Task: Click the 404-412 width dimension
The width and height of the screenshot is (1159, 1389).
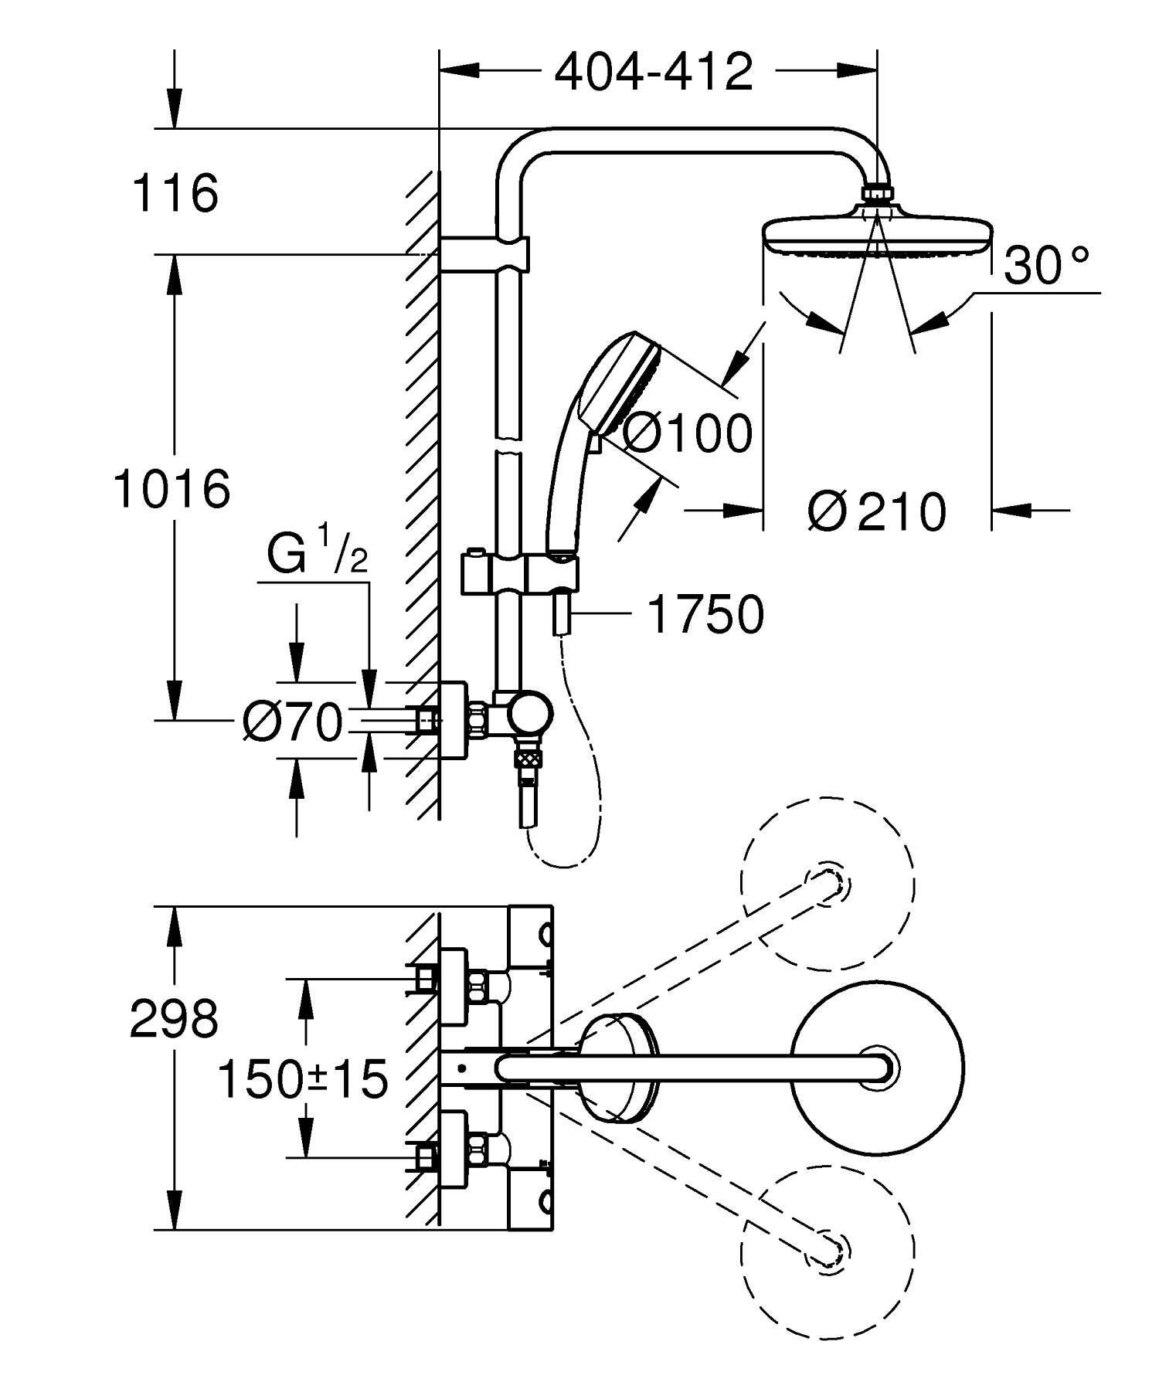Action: point(654,72)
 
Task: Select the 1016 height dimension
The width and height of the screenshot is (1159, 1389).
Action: point(172,487)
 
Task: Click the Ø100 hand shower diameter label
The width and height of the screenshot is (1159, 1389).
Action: point(686,433)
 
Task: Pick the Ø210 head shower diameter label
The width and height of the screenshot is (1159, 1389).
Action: point(877,510)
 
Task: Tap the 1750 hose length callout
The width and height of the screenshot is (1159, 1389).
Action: point(705,614)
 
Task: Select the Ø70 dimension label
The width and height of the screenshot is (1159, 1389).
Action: point(291,722)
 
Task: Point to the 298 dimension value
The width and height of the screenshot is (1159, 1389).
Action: point(174,1017)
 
